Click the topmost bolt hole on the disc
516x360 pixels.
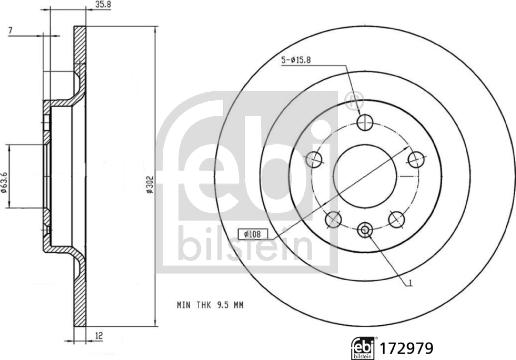point(364,124)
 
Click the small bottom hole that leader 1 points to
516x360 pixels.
point(364,230)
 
